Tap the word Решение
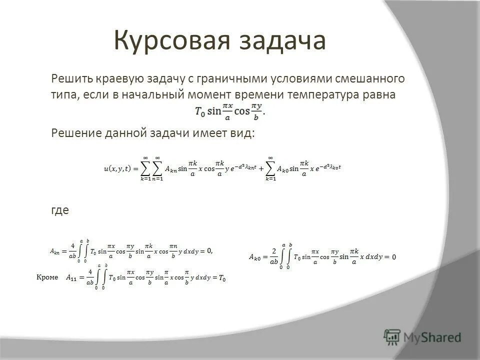point(75,132)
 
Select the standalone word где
point(60,210)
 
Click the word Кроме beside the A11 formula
point(48,276)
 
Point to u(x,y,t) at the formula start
point(117,168)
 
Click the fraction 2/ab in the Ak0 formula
point(274,256)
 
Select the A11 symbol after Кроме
point(72,278)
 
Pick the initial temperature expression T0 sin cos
point(230,110)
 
